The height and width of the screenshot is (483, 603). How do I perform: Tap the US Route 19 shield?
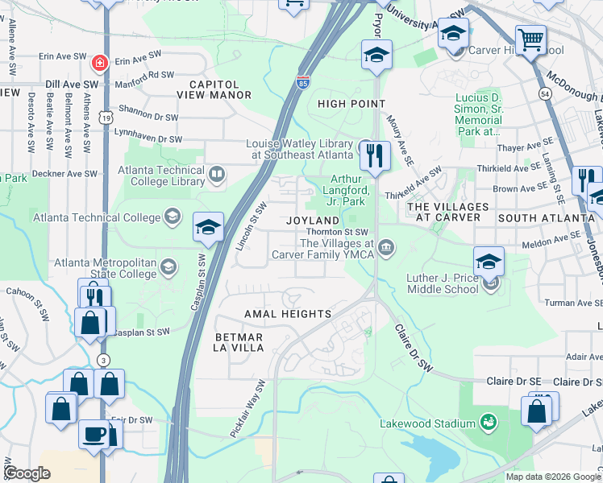pos(106,118)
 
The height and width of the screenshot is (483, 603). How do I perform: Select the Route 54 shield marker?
pos(546,94)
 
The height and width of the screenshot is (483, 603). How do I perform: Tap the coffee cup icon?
pos(94,433)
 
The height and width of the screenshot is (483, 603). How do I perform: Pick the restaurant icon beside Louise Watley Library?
pos(375,155)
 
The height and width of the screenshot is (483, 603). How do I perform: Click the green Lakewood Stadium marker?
pos(487,422)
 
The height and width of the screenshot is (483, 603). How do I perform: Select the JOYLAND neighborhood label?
pos(314,220)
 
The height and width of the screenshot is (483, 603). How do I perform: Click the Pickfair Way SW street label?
pos(247,408)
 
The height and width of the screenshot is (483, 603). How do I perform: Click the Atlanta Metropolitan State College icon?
pos(168,266)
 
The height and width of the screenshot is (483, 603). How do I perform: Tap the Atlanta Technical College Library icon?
pos(217,174)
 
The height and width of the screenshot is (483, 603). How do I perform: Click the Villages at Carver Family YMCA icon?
pos(387,247)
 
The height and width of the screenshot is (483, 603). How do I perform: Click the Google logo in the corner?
pos(27,473)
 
